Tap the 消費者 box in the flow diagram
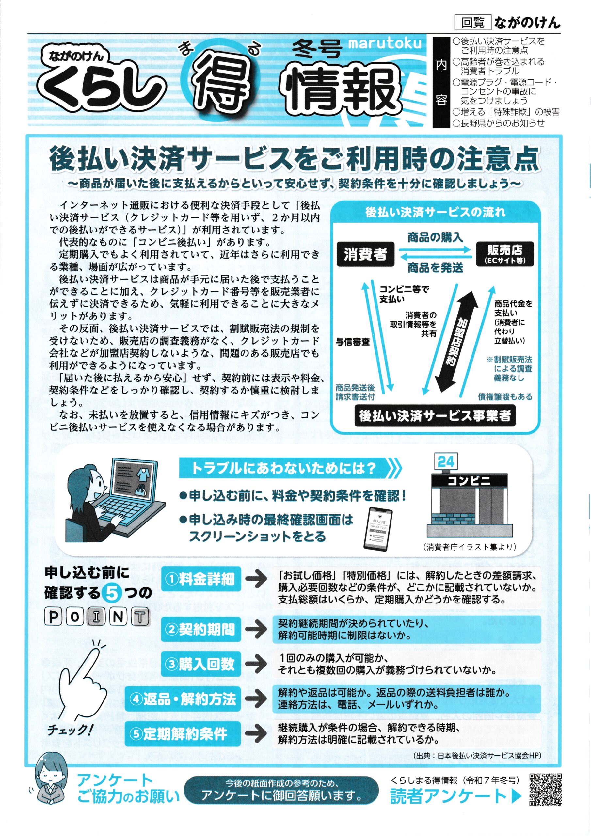[x=365, y=254]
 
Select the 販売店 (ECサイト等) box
[x=505, y=254]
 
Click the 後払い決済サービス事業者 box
[x=435, y=416]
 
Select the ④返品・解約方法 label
[x=183, y=699]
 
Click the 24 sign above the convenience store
[x=446, y=462]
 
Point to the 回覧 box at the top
[x=473, y=23]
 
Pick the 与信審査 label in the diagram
[x=353, y=342]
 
